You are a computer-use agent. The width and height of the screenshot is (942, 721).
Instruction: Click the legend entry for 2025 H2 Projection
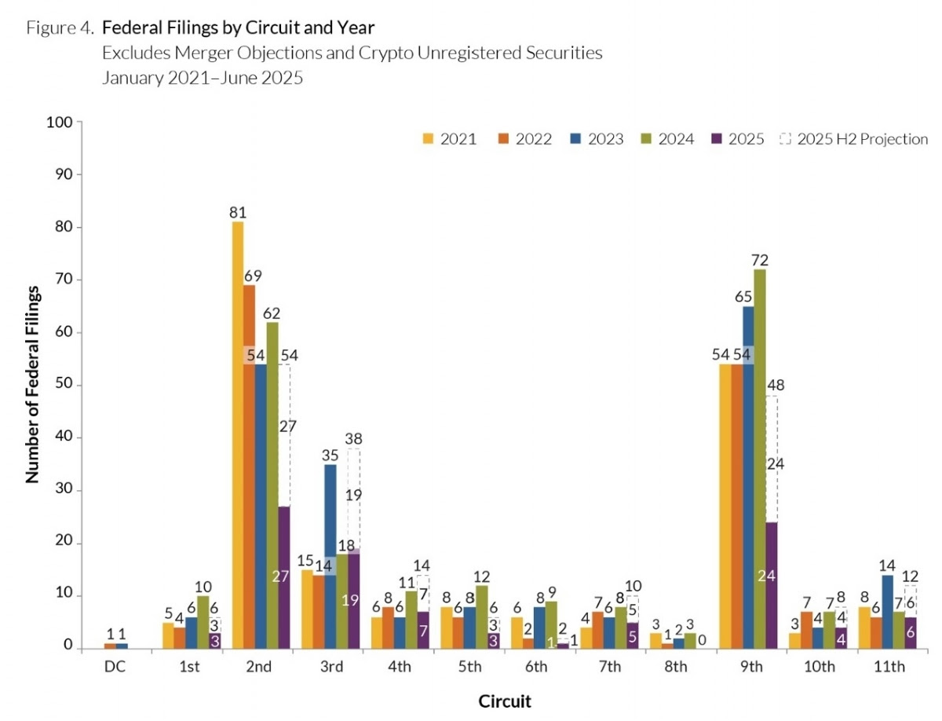[853, 139]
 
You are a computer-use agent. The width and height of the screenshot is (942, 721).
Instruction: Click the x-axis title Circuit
[505, 701]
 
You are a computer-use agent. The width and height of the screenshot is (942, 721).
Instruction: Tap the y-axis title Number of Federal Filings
[34, 385]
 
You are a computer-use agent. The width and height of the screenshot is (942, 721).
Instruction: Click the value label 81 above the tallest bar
[238, 212]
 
